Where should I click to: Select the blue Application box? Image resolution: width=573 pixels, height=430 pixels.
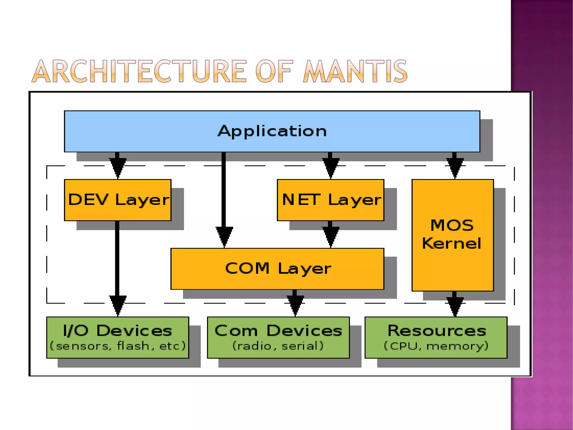tap(272, 131)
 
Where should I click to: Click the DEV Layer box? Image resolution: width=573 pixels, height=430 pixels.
tap(118, 200)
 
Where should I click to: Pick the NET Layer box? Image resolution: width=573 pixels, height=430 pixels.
tap(330, 200)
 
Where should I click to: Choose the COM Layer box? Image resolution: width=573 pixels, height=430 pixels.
tap(277, 269)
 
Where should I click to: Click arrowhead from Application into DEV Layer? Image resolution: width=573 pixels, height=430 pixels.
tap(118, 168)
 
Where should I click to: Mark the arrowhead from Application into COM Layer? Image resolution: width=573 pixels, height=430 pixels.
tap(224, 237)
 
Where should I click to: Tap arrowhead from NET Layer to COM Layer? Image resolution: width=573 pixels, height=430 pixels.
tap(331, 237)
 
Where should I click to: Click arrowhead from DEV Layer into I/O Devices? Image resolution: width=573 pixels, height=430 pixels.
tap(118, 305)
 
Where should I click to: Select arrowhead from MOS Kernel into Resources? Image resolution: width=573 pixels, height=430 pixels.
tap(455, 306)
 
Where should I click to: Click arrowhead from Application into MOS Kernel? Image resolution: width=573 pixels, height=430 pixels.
tap(455, 168)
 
